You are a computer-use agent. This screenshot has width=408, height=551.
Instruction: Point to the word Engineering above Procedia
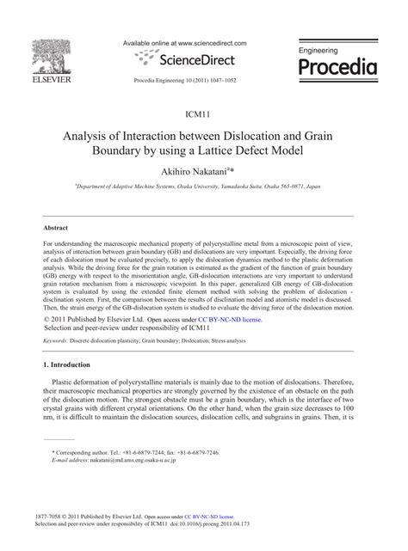(324, 51)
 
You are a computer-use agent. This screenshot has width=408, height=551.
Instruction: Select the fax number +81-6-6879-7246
(196, 451)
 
